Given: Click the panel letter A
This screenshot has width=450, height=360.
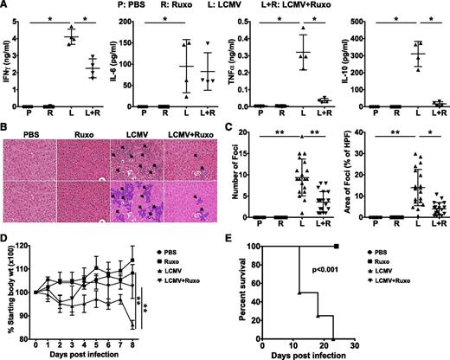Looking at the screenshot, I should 5,6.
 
